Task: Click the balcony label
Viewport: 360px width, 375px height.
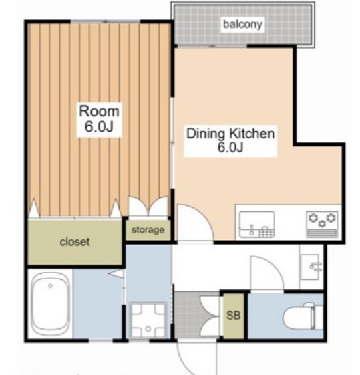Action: [x=242, y=24]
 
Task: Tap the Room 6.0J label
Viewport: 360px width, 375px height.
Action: [x=99, y=119]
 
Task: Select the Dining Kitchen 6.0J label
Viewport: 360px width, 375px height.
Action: [x=230, y=140]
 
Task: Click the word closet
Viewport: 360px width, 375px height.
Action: [x=75, y=242]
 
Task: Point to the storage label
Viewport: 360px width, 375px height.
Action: [x=148, y=230]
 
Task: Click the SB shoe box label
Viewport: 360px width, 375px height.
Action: [x=233, y=316]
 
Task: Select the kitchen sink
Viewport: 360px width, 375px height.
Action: [x=256, y=225]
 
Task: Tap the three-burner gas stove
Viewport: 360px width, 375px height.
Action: [x=322, y=225]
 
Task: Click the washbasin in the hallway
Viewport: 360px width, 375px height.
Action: [x=310, y=267]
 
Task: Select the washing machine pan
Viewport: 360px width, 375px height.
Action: [x=148, y=320]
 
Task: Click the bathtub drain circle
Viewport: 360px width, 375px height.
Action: [x=50, y=286]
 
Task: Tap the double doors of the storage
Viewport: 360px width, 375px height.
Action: [x=148, y=206]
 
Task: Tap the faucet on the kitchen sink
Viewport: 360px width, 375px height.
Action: [x=252, y=229]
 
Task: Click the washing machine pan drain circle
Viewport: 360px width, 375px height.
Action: [x=148, y=329]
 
